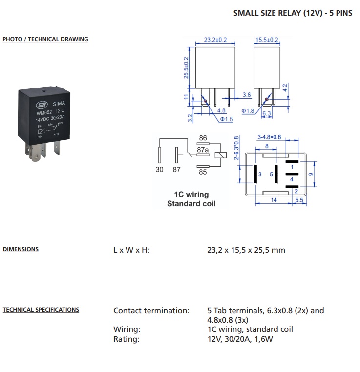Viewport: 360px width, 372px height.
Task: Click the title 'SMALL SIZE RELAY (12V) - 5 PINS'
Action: (x=293, y=13)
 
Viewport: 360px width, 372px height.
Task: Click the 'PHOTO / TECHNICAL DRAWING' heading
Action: (x=45, y=39)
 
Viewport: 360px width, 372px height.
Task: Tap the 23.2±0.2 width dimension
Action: (x=215, y=40)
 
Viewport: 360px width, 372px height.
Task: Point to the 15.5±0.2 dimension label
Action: (x=267, y=40)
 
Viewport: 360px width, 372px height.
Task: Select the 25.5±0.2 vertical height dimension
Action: (x=186, y=67)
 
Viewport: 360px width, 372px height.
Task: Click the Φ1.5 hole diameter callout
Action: (x=226, y=119)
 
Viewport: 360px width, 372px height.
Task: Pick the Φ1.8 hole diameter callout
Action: (x=248, y=111)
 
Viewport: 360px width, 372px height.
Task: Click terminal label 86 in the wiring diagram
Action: (x=203, y=138)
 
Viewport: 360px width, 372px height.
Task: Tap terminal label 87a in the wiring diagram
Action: (x=203, y=150)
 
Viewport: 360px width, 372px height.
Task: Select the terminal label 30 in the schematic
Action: (x=159, y=170)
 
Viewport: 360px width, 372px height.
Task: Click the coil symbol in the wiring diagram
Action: (x=220, y=155)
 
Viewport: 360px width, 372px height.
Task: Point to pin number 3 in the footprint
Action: (x=260, y=175)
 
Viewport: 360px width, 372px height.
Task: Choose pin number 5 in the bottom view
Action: (x=272, y=175)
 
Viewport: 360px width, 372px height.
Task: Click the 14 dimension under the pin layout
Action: (x=274, y=200)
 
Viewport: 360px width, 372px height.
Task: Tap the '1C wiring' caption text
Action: (x=191, y=194)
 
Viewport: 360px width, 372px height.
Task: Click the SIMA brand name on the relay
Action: (x=59, y=104)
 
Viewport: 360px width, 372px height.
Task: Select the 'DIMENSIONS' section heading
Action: (x=21, y=249)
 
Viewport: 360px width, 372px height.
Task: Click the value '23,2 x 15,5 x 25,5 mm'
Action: (x=246, y=250)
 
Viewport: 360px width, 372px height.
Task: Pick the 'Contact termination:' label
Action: (x=151, y=310)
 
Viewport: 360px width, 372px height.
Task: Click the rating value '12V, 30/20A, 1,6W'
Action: (x=240, y=339)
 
